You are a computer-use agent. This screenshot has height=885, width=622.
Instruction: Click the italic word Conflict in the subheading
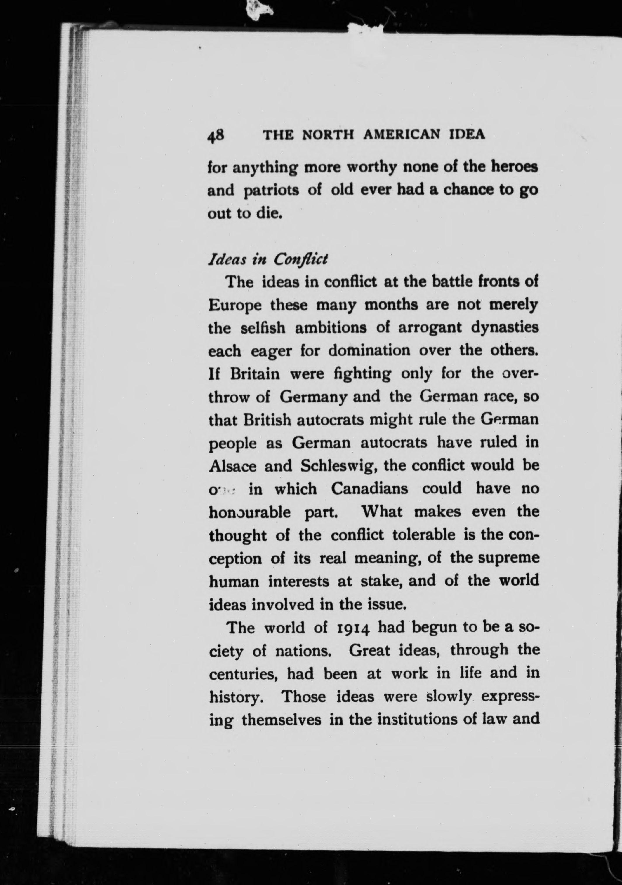[300, 259]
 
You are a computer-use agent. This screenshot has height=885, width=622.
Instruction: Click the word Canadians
[369, 489]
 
